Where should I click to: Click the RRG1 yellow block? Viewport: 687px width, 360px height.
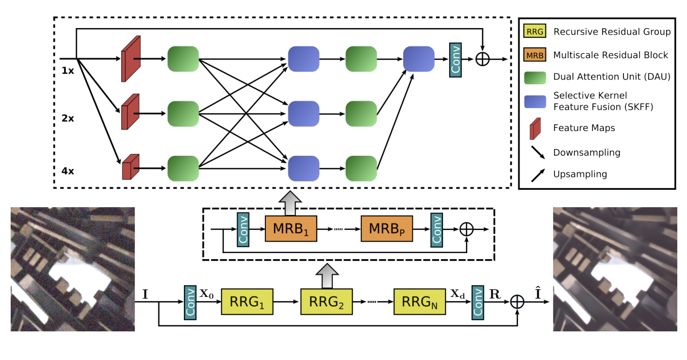[x=247, y=302]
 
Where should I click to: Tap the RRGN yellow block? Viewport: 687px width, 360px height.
[x=420, y=302]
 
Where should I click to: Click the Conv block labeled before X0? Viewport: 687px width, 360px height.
[x=190, y=302]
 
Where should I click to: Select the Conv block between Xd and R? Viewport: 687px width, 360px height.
[x=478, y=302]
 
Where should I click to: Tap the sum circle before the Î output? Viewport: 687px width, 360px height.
[x=518, y=302]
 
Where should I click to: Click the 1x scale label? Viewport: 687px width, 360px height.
[x=68, y=70]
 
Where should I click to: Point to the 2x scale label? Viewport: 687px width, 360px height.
[x=68, y=118]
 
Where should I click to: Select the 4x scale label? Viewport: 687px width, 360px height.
[x=68, y=171]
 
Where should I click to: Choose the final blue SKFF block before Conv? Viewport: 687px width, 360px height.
[x=419, y=59]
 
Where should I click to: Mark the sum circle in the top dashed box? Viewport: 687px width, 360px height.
[x=483, y=59]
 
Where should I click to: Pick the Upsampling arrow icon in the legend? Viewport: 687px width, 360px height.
[x=538, y=174]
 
